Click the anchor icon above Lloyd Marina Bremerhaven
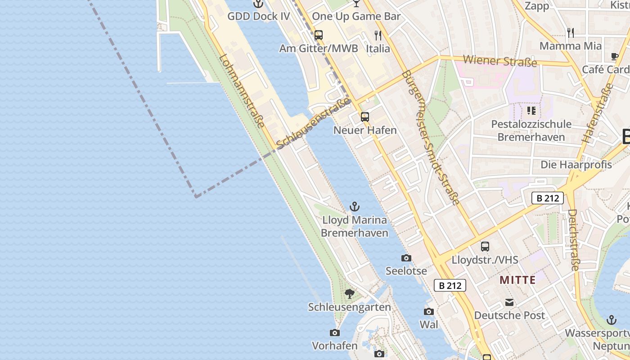[x=355, y=207]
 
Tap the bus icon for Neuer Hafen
[x=365, y=117]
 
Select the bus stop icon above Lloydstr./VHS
[x=485, y=246]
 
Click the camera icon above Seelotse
[x=406, y=258]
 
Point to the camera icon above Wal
[x=428, y=311]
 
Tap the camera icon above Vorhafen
[x=334, y=333]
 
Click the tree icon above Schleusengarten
[x=349, y=294]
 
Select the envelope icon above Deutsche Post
[x=509, y=302]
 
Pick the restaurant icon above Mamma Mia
[x=570, y=32]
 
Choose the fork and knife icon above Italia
[x=378, y=35]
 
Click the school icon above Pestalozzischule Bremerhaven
[x=531, y=110]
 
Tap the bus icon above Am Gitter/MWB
[x=319, y=35]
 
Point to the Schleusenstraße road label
[x=314, y=124]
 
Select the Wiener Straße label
[x=500, y=60]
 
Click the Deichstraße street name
[x=573, y=239]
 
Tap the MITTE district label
[x=517, y=280]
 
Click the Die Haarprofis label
[x=576, y=165]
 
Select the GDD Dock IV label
[x=258, y=17]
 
